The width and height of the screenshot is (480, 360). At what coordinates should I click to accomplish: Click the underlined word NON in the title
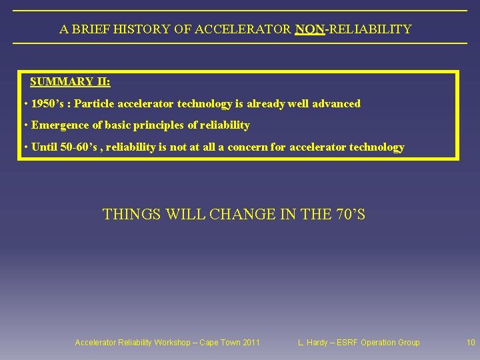click(x=308, y=29)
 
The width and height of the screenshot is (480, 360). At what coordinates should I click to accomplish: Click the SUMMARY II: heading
click(x=70, y=82)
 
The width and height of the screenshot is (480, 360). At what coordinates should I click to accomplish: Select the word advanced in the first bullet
click(x=336, y=104)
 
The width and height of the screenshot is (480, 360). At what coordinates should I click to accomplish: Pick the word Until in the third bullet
click(x=44, y=147)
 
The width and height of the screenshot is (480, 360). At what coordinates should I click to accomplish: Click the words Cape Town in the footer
click(x=217, y=343)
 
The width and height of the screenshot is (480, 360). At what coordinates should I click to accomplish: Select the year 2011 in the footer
click(x=251, y=343)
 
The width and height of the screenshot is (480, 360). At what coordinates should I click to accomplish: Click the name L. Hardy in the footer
click(x=313, y=343)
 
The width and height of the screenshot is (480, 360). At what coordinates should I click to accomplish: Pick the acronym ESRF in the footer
click(x=347, y=343)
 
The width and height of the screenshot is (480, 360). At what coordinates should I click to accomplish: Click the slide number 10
click(x=471, y=343)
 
